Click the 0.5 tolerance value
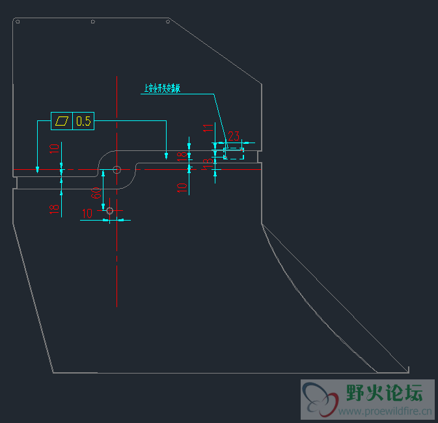(x=84, y=121)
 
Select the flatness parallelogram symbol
(x=62, y=121)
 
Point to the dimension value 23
(x=234, y=136)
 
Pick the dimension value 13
(x=208, y=163)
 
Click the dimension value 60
(x=96, y=193)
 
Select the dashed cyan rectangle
(x=234, y=153)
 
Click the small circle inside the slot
(x=116, y=170)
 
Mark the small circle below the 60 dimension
(x=109, y=210)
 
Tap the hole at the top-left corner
(x=18, y=22)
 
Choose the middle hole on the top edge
(x=93, y=22)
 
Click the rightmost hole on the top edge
(x=169, y=22)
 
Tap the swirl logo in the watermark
(x=320, y=399)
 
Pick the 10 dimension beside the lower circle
(x=87, y=213)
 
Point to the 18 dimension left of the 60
(x=55, y=208)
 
